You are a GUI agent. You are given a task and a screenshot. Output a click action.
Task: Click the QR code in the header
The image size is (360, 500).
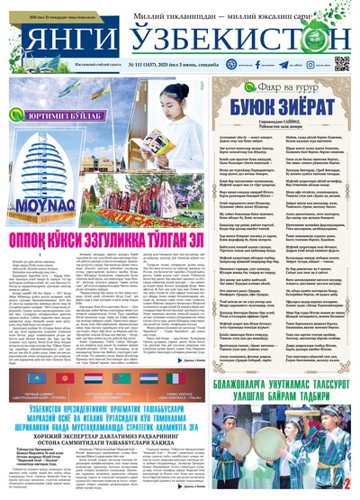(x=342, y=63)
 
